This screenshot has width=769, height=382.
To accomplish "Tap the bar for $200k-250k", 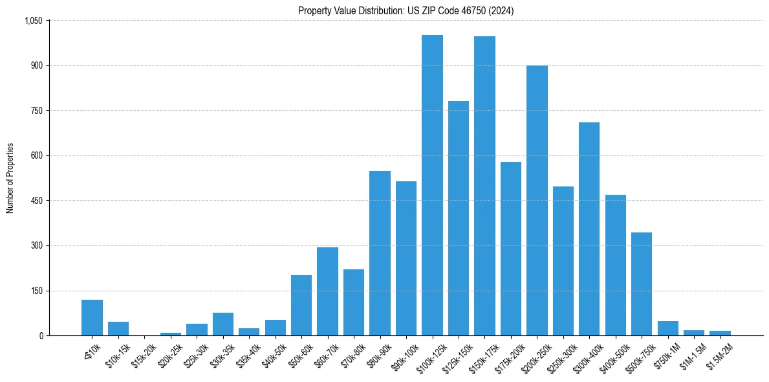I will tap(537, 201).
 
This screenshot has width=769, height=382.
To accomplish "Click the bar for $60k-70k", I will tap(327, 291).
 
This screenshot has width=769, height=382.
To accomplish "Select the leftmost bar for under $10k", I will tap(92, 317).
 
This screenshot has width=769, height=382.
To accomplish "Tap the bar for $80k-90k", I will tap(380, 253).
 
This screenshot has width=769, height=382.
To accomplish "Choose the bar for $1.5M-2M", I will tap(720, 333).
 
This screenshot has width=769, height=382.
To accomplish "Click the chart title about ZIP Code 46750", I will tap(406, 10).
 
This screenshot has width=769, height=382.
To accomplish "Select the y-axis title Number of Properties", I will tap(10, 178).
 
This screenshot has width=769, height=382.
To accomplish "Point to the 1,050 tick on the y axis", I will tap(33, 21).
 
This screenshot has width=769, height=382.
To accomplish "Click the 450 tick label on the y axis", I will tap(36, 201).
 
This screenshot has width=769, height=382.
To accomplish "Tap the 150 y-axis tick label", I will tap(36, 291).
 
